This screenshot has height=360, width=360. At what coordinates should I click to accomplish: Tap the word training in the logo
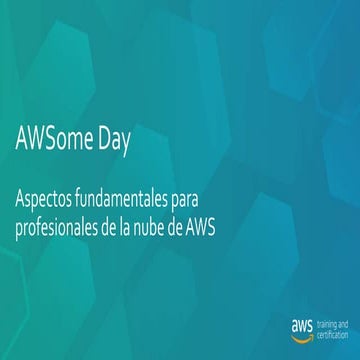[326, 321]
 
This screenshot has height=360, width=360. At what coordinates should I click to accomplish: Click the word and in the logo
[345, 321]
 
